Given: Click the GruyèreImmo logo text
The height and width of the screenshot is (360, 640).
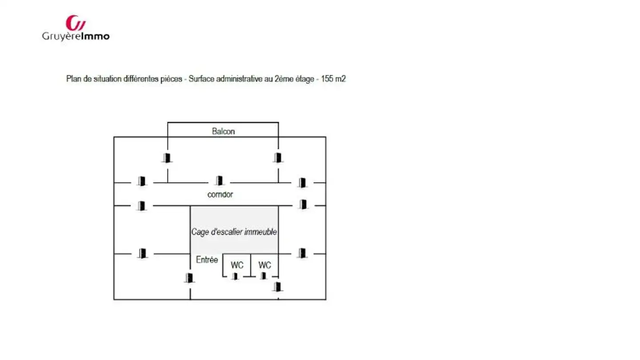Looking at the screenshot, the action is click(x=76, y=37).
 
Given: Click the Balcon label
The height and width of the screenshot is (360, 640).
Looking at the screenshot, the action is click(x=224, y=132).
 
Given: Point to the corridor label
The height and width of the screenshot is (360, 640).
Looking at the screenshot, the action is click(x=220, y=195).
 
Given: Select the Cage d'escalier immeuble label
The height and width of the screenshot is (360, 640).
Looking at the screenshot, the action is click(x=234, y=232).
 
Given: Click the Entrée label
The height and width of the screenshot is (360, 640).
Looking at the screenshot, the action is click(x=207, y=260).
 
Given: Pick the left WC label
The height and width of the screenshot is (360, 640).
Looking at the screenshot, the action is click(x=237, y=265).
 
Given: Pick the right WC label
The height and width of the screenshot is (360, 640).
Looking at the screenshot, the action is click(x=265, y=265).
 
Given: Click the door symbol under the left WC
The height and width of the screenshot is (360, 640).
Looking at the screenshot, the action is click(x=235, y=276).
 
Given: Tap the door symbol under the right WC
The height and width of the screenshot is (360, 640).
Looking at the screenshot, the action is click(x=264, y=276).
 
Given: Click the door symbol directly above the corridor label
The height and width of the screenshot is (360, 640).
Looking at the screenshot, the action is click(x=219, y=180).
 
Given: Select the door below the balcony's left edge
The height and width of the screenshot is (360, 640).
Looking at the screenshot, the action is click(x=167, y=158).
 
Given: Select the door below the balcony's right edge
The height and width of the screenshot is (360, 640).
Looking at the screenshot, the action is click(x=278, y=158).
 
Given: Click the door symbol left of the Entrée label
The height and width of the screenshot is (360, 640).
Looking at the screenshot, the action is click(x=189, y=278).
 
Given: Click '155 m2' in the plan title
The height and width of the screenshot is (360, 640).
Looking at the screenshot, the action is click(x=333, y=79).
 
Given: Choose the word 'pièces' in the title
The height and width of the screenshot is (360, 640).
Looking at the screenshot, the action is click(x=171, y=79).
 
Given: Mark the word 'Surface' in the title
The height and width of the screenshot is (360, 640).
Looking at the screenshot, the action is click(x=201, y=79).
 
